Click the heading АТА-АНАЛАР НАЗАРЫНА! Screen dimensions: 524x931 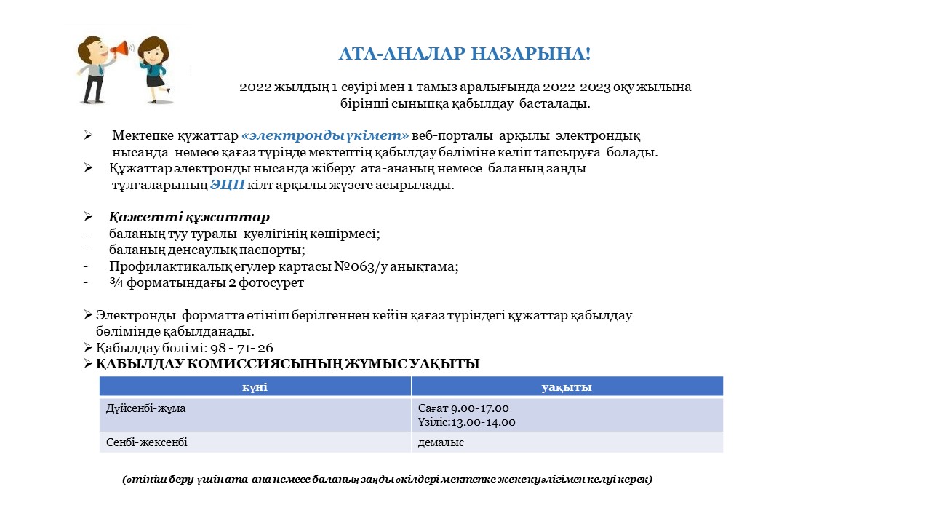coord(465,54)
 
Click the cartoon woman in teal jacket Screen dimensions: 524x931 coord(154,69)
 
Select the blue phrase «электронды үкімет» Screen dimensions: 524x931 coord(325,136)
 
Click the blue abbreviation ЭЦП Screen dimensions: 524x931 coord(227,186)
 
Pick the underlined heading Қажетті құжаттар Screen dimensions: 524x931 coord(189,218)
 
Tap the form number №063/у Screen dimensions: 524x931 coord(361,266)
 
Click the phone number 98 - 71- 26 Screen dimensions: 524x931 coord(239,348)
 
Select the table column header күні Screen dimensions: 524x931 coord(255,387)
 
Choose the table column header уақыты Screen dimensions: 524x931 coord(566,387)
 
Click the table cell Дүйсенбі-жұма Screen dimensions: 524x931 coord(145,408)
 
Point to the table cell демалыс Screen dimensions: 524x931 coord(441,442)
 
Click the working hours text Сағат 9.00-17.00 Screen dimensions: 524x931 coord(463,408)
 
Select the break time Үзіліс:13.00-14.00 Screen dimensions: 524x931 coord(467,422)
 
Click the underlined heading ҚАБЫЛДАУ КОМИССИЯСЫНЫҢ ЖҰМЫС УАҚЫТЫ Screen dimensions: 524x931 coord(287,364)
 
